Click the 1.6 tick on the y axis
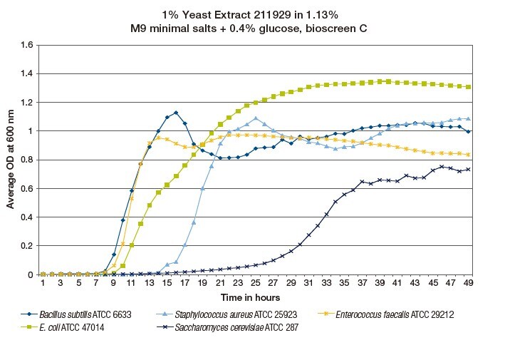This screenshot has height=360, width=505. [28, 45]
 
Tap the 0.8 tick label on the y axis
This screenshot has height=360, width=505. [28, 160]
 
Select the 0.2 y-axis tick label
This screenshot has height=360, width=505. [28, 246]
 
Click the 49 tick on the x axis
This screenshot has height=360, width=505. [467, 283]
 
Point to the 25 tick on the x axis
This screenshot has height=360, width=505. [255, 283]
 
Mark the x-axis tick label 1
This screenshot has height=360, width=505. [43, 283]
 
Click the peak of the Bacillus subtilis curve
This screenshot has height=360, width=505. [176, 113]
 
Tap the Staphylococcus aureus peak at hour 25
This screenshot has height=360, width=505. [255, 118]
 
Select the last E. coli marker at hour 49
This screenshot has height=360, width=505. [467, 87]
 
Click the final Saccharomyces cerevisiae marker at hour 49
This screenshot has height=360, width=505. [467, 169]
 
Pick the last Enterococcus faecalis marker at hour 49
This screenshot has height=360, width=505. [467, 155]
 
